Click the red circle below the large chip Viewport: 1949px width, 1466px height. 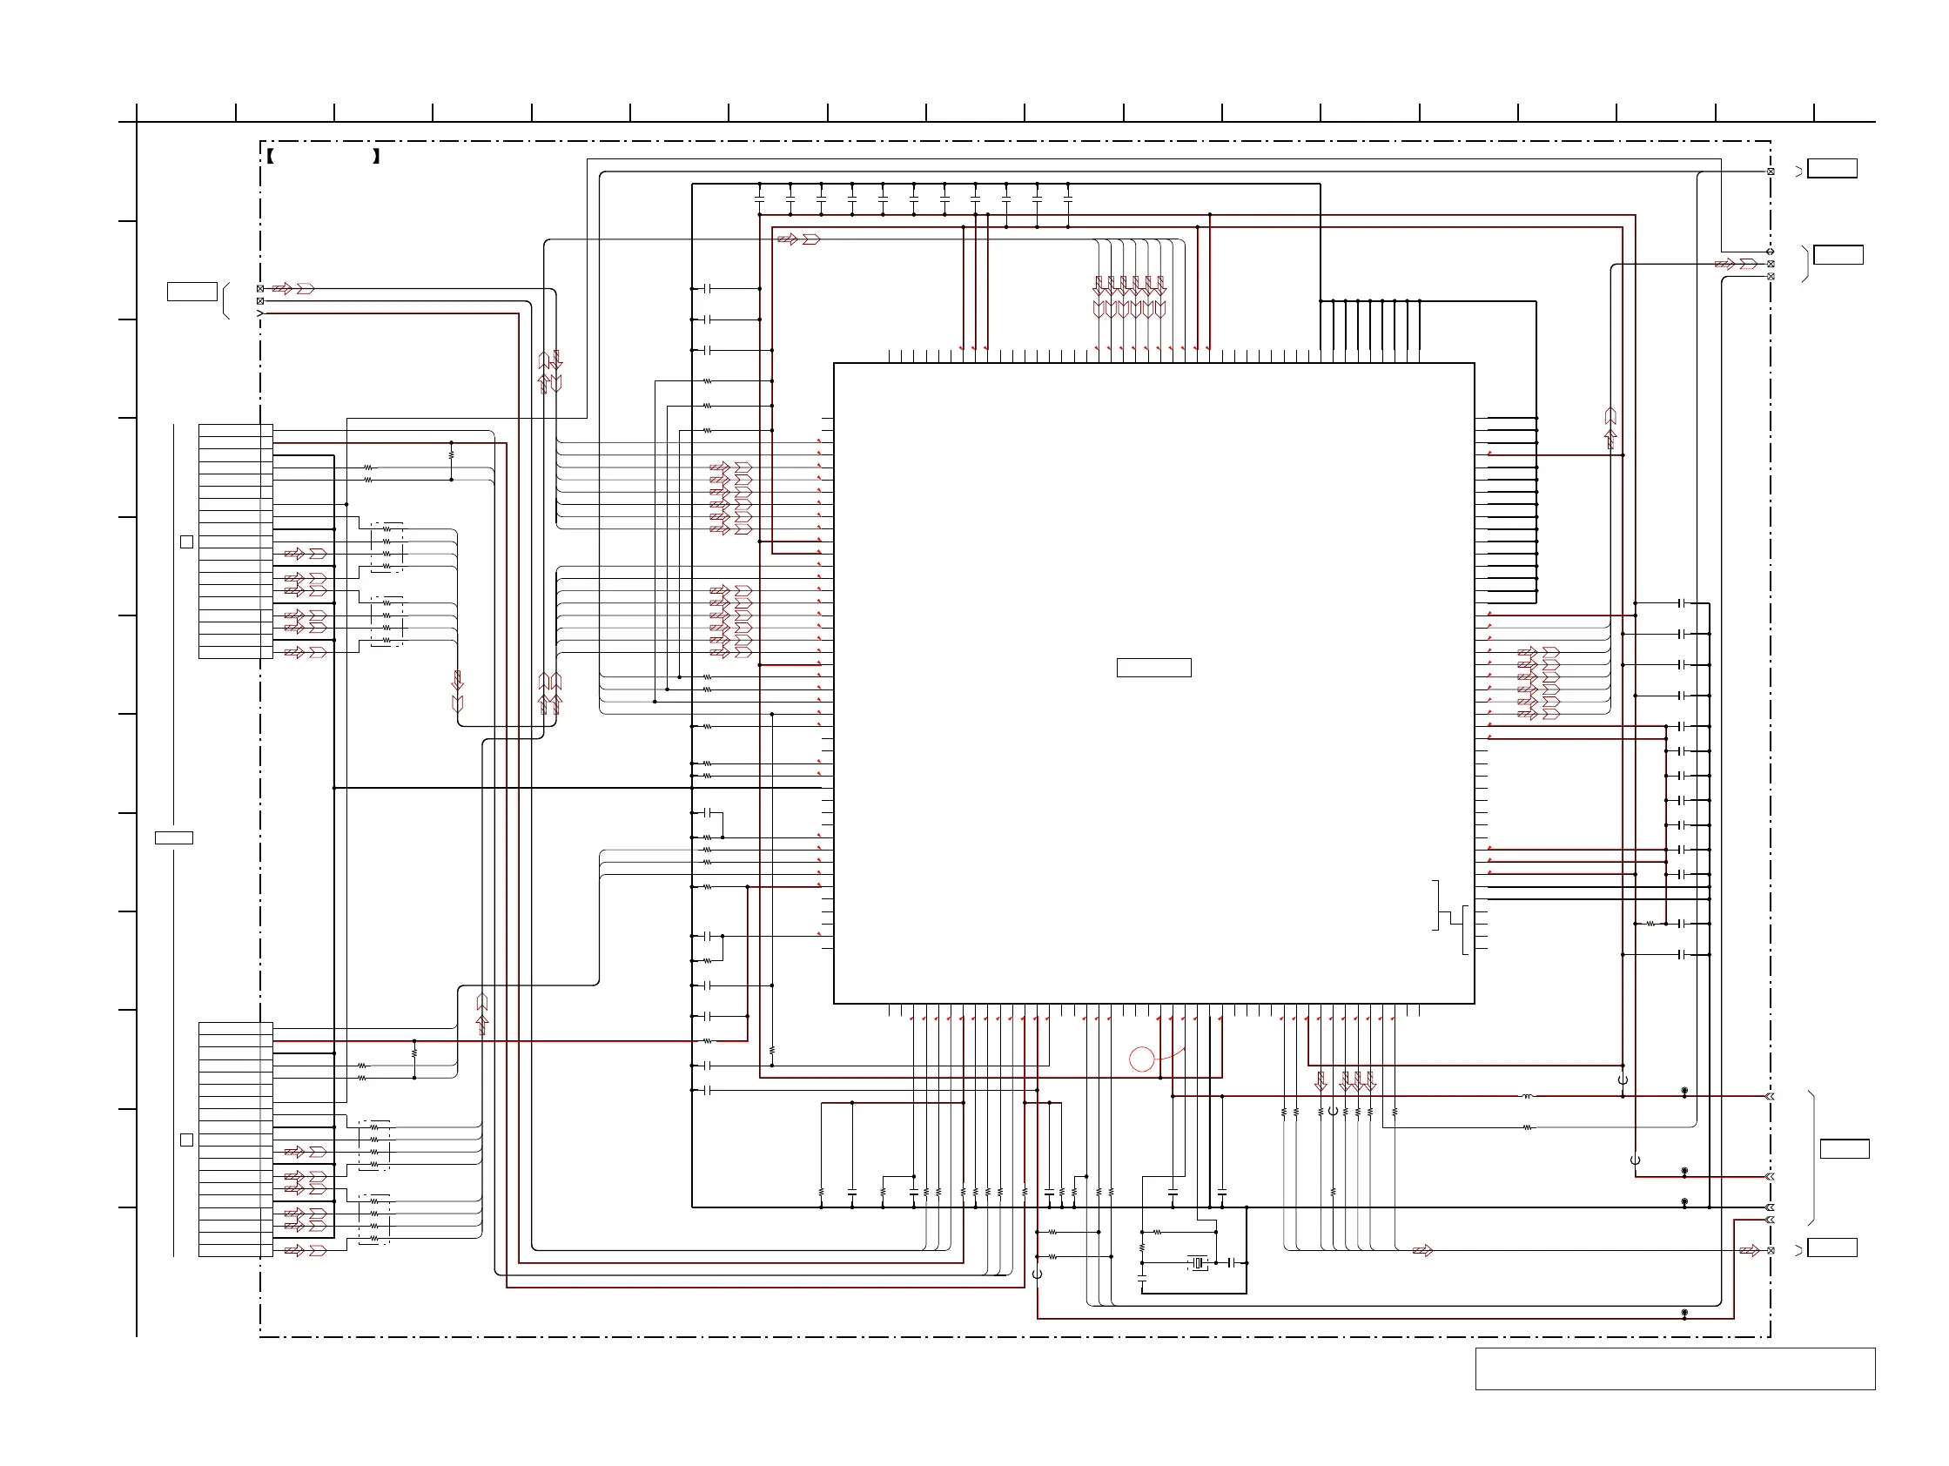1141,1059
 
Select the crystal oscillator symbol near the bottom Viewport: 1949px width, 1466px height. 1197,1263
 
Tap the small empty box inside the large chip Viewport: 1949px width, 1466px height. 1153,668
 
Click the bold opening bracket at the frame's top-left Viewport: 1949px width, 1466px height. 271,157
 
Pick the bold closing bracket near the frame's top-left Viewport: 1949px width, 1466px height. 376,157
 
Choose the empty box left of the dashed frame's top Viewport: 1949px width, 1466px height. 192,292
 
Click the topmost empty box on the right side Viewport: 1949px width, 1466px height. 1831,168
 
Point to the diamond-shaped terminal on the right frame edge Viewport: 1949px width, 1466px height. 1771,252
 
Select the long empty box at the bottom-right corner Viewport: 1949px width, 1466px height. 1675,1368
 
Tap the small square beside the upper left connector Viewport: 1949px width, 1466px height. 187,541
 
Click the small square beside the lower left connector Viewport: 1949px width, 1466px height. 187,1140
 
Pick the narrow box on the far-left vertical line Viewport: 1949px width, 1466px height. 174,837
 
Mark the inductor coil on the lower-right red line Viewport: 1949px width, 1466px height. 1527,1097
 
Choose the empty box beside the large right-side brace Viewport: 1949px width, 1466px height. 1845,1149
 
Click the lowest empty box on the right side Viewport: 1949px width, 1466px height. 1831,1247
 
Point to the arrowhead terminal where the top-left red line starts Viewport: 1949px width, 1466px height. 260,313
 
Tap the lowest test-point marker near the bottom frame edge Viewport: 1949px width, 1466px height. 1684,1314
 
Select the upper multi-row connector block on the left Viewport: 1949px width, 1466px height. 235,541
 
